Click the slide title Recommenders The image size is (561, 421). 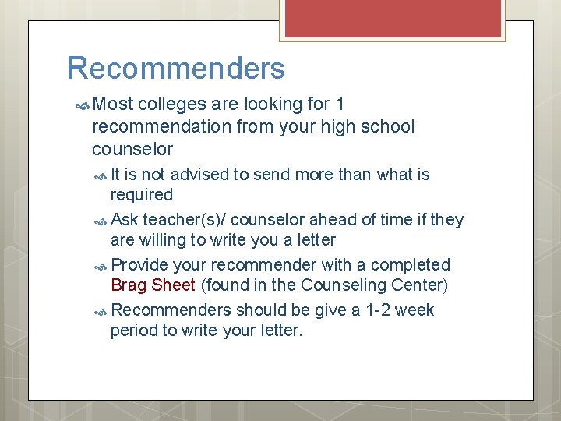[x=176, y=69]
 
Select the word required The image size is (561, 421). [x=142, y=194]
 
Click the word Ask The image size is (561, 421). [x=125, y=220]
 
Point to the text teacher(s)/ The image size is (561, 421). [x=182, y=220]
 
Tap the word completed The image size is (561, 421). [x=413, y=265]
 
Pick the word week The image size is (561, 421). [x=415, y=310]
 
